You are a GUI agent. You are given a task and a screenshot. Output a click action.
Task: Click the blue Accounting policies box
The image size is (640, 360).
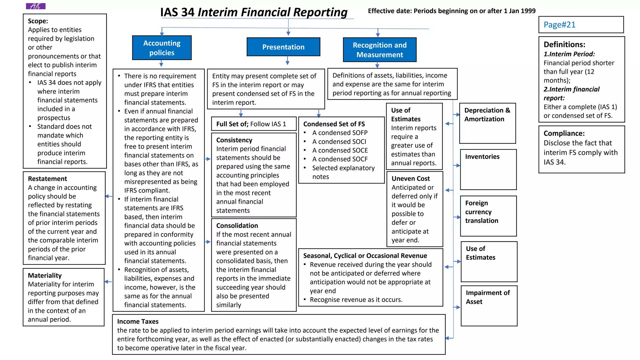pos(162,48)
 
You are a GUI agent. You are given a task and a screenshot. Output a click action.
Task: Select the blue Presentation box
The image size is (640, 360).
pos(283,47)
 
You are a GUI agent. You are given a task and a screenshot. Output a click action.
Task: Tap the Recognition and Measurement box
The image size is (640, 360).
pos(380,50)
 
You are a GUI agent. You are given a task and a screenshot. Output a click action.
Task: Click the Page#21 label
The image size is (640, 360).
pos(559,25)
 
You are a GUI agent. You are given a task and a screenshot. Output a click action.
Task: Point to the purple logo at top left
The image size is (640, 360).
pos(36,6)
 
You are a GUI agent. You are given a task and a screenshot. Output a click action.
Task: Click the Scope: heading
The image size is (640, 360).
pos(38,21)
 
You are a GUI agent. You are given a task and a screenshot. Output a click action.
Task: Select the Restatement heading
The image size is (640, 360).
pos(47,179)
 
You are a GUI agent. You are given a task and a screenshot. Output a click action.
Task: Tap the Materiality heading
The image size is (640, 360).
pos(45,275)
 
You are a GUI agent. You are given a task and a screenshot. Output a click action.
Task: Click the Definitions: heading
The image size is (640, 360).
pos(564,44)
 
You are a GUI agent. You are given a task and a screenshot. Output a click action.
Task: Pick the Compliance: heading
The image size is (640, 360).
pos(564,133)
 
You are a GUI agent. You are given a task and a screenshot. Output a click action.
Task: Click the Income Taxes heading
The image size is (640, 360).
pos(138,321)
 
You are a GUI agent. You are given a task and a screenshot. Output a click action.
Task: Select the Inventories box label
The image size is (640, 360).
pos(482,157)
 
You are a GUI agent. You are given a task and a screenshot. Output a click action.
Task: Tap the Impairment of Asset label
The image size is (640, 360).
pos(487,297)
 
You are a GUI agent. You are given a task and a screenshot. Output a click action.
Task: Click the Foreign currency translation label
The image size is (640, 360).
pos(482,212)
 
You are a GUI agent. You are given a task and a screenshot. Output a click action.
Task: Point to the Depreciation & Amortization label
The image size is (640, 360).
pos(487,115)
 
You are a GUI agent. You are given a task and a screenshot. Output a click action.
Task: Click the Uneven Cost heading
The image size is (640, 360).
pos(411,178)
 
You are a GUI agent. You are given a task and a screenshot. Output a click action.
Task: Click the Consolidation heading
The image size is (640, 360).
pos(237,226)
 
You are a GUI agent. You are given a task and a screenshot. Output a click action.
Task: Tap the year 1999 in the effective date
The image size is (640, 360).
pos(527,11)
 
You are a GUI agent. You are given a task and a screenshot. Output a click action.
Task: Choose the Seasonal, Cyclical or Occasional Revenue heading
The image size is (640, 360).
pos(365,256)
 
